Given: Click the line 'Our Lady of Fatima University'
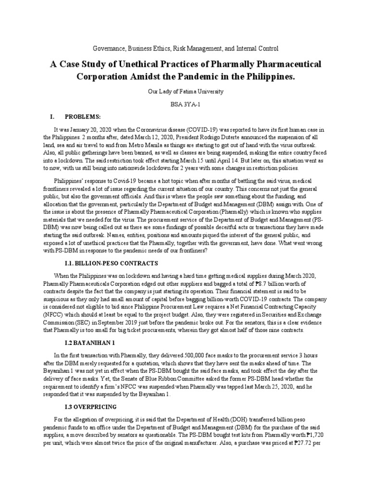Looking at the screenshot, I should tap(184, 91).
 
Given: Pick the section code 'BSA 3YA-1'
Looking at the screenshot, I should tap(184, 104).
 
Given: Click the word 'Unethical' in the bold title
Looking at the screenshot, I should tap(130, 64).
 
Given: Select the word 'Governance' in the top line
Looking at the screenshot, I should tap(108, 49).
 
